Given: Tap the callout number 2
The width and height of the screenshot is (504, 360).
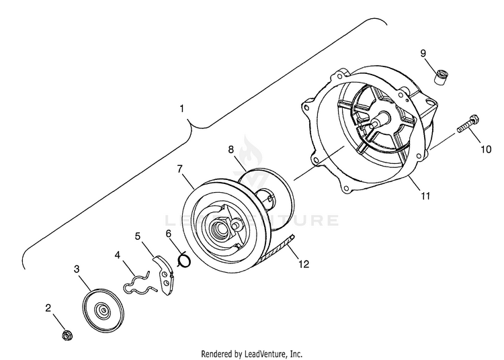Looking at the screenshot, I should click(48, 308).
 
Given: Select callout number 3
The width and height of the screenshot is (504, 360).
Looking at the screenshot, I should click(77, 269).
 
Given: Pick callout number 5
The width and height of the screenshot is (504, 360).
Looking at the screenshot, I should click(138, 236).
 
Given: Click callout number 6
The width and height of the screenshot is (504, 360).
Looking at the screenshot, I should click(169, 233).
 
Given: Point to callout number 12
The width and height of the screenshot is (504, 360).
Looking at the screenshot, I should click(304, 264).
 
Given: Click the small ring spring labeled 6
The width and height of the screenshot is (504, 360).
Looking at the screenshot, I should click(184, 259).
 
